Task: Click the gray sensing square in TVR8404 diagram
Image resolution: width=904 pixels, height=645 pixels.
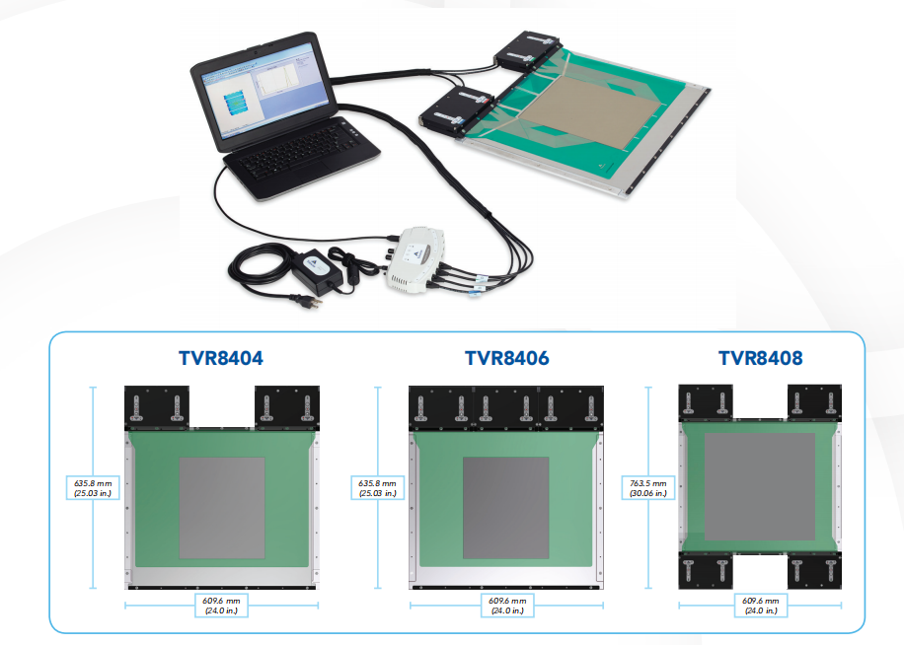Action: pyautogui.click(x=221, y=507)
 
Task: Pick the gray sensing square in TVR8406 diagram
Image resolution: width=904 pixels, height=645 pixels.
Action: pyautogui.click(x=506, y=507)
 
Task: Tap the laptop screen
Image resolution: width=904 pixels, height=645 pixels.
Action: pyautogui.click(x=259, y=98)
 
